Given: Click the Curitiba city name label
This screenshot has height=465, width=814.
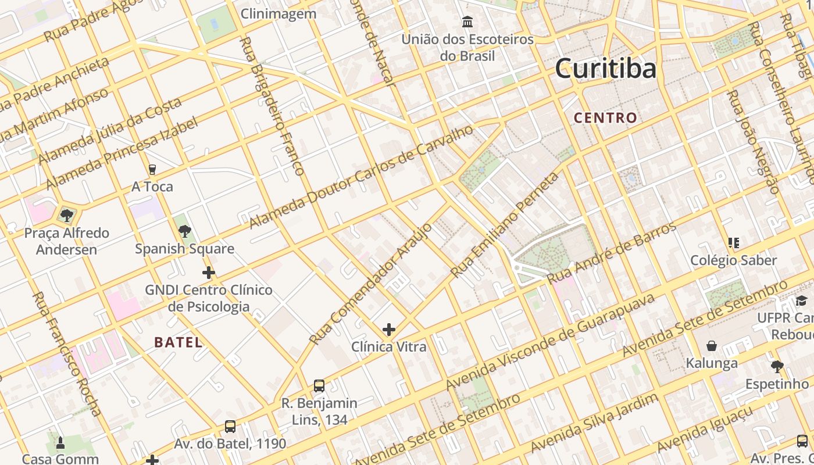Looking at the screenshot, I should coord(605,69).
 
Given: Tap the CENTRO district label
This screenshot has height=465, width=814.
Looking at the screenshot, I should coord(605,118).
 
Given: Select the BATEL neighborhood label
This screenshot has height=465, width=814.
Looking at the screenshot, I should coord(178,342).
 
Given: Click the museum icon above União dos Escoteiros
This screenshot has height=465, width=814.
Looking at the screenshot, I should coord(467,22).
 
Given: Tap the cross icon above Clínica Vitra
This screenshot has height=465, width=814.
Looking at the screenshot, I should coord(389,330).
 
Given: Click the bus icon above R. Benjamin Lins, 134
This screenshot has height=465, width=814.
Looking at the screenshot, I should coord(319,385).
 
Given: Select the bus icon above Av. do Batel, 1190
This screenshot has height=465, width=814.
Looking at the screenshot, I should coord(230,427).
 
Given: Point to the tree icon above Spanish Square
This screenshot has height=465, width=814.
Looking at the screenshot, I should coord(185,231).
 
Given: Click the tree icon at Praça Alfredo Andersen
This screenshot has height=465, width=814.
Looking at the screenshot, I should coord(67,216).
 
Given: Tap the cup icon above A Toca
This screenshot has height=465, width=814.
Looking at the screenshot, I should coord(152,170).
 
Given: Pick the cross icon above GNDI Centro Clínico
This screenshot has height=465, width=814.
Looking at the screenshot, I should coord(209,273).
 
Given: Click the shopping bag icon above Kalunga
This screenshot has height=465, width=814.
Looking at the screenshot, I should coord(711,346).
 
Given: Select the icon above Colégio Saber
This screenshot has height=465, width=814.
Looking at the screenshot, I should coord(733,243).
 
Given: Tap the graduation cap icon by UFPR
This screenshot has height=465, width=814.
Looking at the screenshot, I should coord(801,301).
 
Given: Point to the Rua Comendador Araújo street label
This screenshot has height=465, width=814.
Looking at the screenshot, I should coord(371,283).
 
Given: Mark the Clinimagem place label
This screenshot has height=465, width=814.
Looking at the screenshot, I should coord(279,14).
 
